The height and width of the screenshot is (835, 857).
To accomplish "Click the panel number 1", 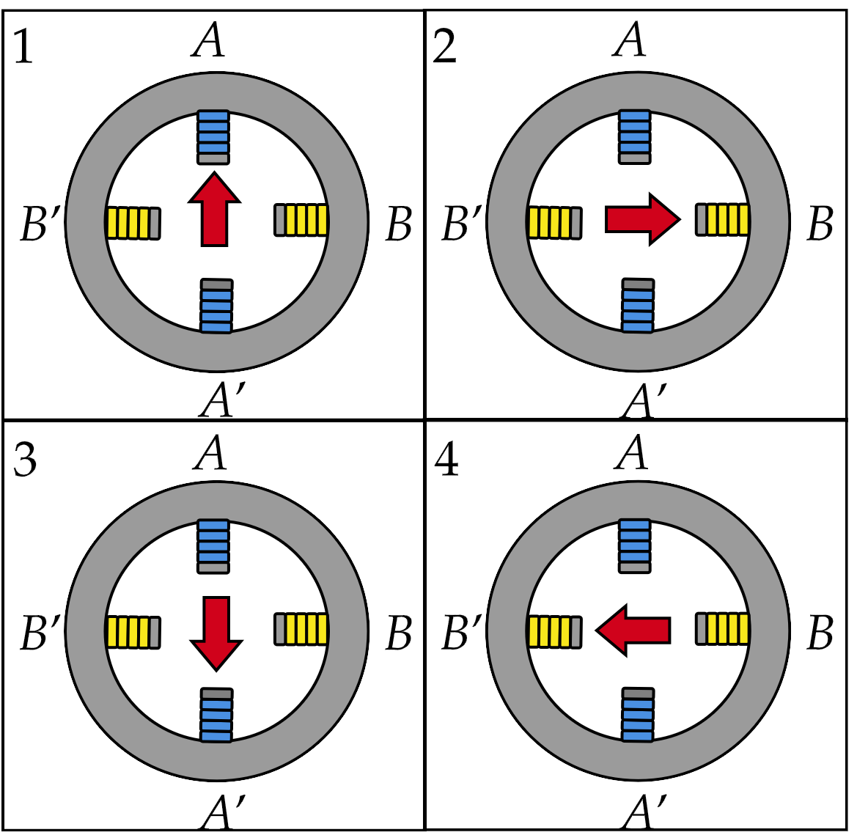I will [x=23, y=48].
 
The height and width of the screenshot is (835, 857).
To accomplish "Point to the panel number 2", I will [x=445, y=48].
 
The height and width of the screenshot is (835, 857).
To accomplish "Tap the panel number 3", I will [x=25, y=462].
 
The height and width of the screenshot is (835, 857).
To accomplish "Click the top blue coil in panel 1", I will [x=213, y=137].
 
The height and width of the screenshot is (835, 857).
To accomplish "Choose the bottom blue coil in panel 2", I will [x=637, y=305].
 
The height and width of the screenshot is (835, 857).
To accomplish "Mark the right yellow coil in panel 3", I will [x=301, y=629].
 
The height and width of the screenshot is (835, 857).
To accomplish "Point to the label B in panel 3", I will [x=398, y=633].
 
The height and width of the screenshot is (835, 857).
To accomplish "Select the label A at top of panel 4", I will [x=632, y=453].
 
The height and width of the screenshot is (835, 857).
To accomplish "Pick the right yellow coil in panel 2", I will [x=722, y=219].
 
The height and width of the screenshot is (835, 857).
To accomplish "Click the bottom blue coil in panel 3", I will [x=217, y=715].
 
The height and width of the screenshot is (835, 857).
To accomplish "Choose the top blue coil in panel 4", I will [x=635, y=546].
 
